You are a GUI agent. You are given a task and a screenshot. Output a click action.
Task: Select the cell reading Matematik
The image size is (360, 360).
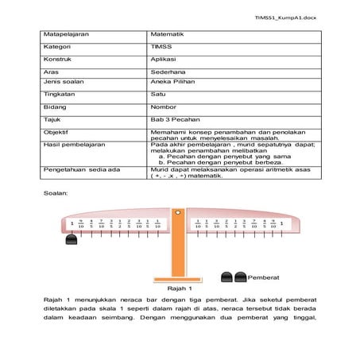168,35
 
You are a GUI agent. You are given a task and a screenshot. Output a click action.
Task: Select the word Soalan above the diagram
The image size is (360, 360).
56,192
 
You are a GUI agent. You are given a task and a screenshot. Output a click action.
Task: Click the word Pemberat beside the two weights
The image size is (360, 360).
264,277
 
